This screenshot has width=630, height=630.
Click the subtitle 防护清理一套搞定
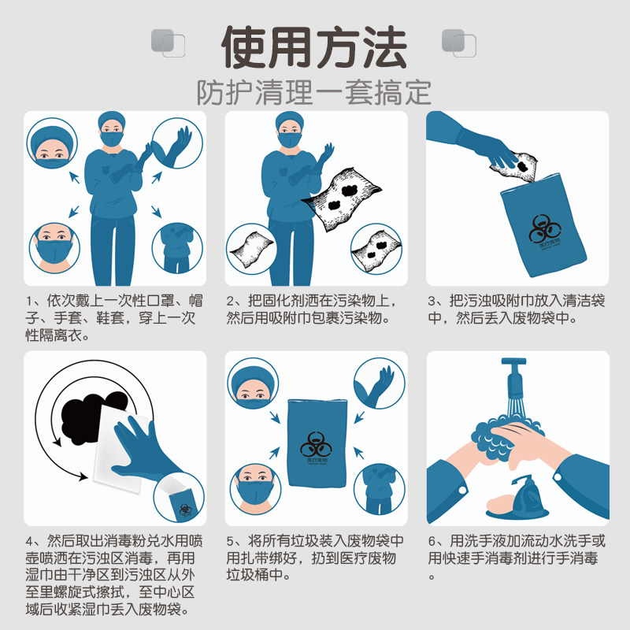click(314, 92)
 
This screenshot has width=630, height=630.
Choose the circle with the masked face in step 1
click(53, 246)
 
